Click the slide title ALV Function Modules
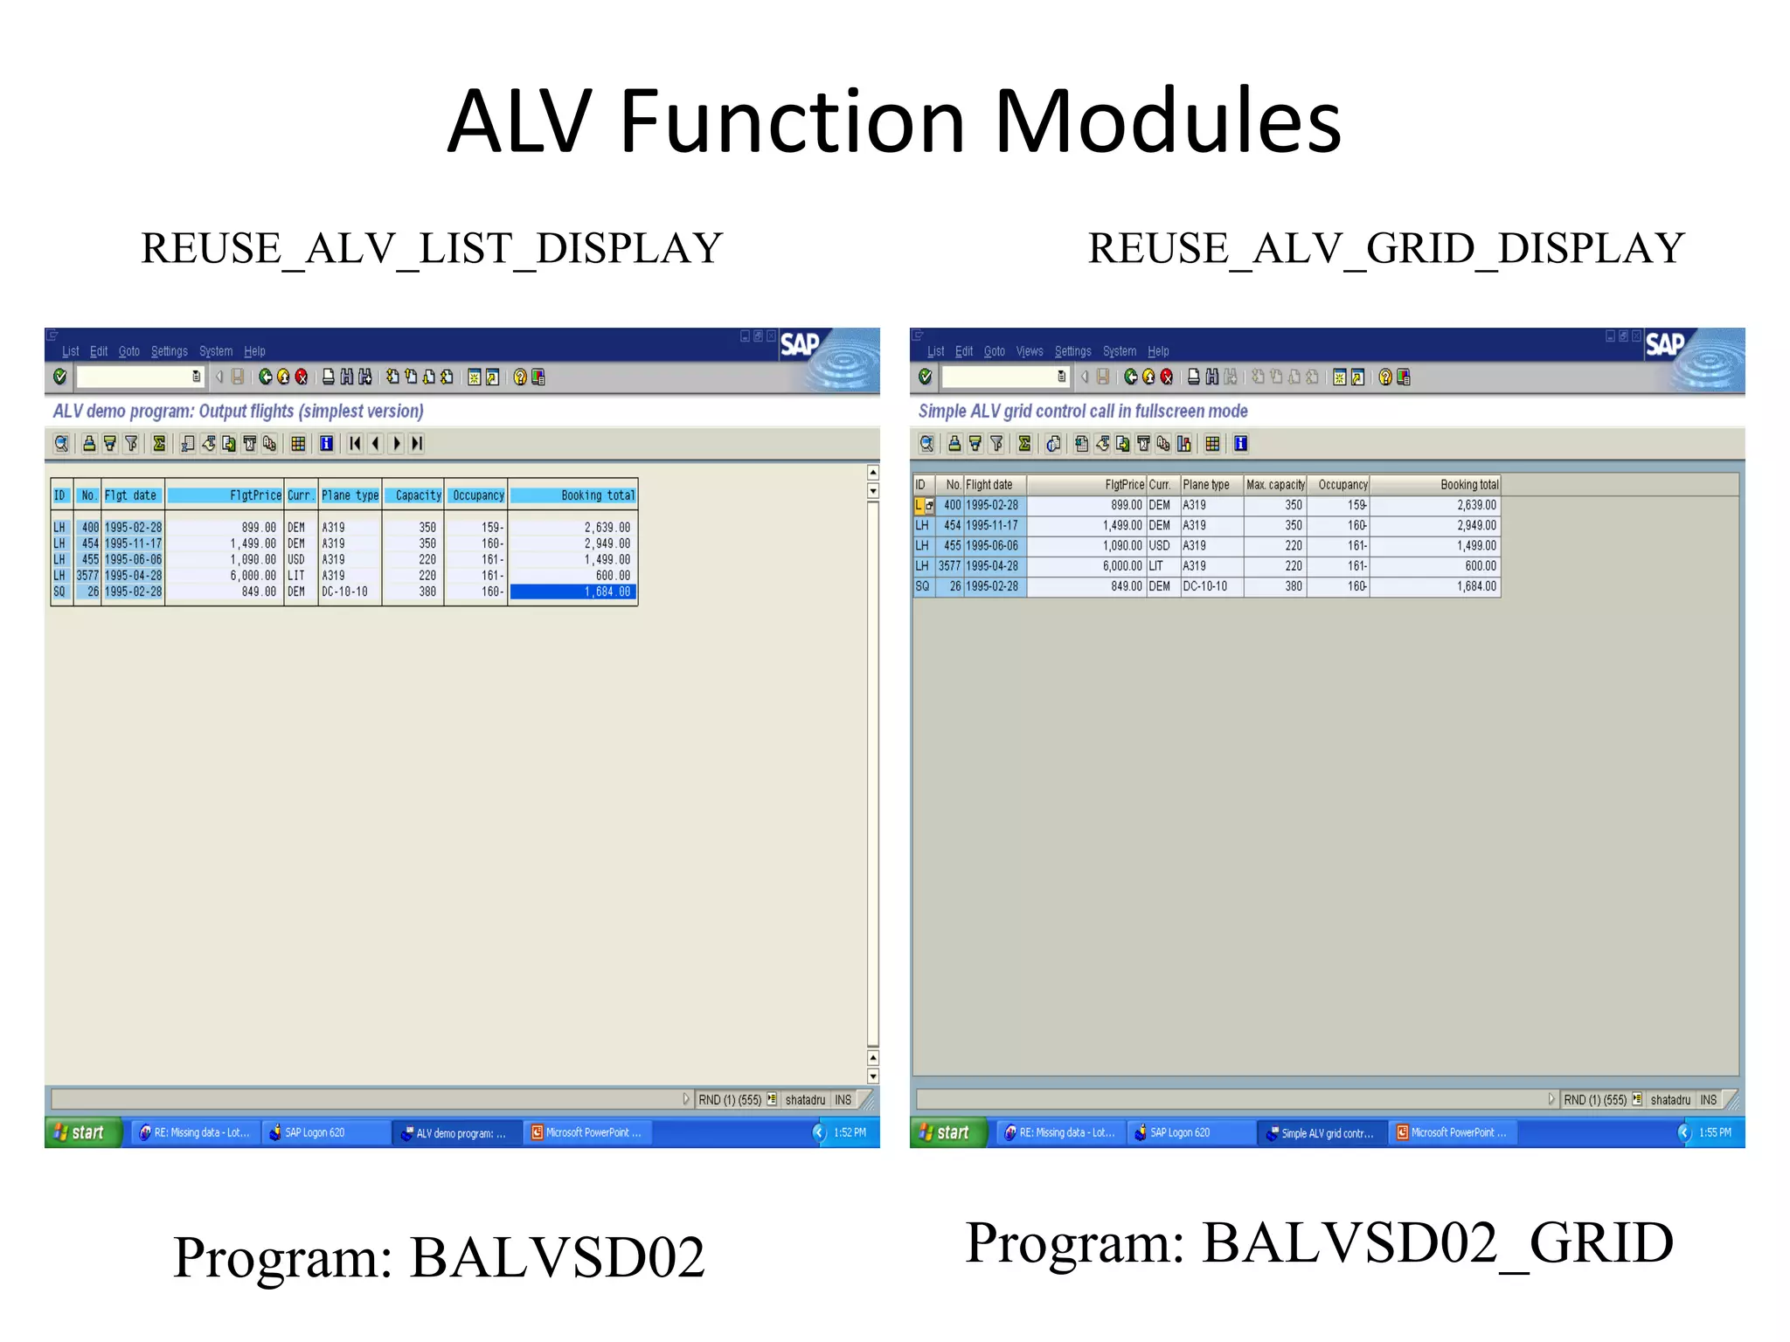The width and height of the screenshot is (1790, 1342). pos(894,121)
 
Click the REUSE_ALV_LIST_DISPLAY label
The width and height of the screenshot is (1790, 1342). pos(432,248)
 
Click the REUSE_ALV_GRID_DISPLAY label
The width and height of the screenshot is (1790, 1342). pos(1385,248)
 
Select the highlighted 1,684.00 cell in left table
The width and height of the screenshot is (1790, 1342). pos(573,591)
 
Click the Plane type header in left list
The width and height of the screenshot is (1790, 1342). pos(350,495)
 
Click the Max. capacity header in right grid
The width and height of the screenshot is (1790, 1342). pos(1274,485)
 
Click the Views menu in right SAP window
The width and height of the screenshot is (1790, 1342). pos(1029,351)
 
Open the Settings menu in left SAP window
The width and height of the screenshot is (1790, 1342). pos(169,351)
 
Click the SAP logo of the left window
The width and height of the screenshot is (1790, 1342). pos(799,344)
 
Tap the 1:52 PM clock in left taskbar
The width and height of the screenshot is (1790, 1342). pos(849,1132)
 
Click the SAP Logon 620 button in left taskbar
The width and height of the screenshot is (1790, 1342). pos(315,1132)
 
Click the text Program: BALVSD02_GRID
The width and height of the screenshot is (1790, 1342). pos(1318,1242)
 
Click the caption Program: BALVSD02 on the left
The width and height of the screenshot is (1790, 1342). pos(439,1257)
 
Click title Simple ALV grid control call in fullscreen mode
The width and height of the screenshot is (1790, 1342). pos(1082,411)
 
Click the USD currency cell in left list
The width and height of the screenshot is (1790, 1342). pos(295,559)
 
